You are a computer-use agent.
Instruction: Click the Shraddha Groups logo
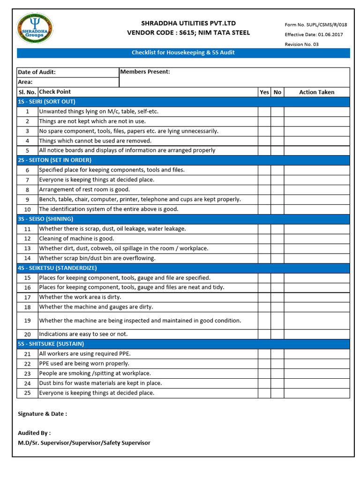point(35,29)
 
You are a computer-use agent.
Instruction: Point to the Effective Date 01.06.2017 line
point(310,35)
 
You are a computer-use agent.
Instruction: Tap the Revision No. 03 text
point(301,45)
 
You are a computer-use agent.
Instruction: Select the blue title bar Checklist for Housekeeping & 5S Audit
point(183,53)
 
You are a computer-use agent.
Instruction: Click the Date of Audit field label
point(37,72)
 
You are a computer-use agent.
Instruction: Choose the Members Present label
point(145,72)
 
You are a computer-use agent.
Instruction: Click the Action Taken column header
point(316,92)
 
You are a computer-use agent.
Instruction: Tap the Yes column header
point(264,92)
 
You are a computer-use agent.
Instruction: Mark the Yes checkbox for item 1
point(264,112)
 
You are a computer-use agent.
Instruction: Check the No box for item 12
point(277,239)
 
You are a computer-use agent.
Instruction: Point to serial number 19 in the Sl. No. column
point(27,321)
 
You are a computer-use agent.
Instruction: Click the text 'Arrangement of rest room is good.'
point(84,190)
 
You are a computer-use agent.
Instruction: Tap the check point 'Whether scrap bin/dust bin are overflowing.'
point(97,258)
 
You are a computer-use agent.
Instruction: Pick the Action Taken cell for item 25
point(316,393)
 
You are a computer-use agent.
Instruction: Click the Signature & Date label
point(42,414)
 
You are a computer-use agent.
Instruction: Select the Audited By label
point(34,433)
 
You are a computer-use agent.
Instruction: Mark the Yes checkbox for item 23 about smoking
point(264,374)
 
